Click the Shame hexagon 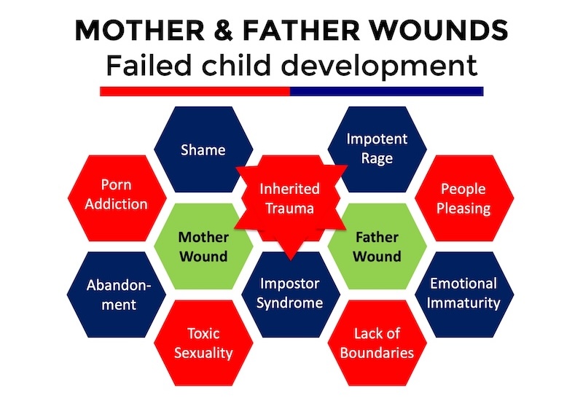203,149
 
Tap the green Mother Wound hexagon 204,246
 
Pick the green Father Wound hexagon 377,246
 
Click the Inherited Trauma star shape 290,198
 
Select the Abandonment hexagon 116,293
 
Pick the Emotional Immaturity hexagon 463,293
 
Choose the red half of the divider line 195,91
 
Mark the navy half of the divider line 386,91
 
